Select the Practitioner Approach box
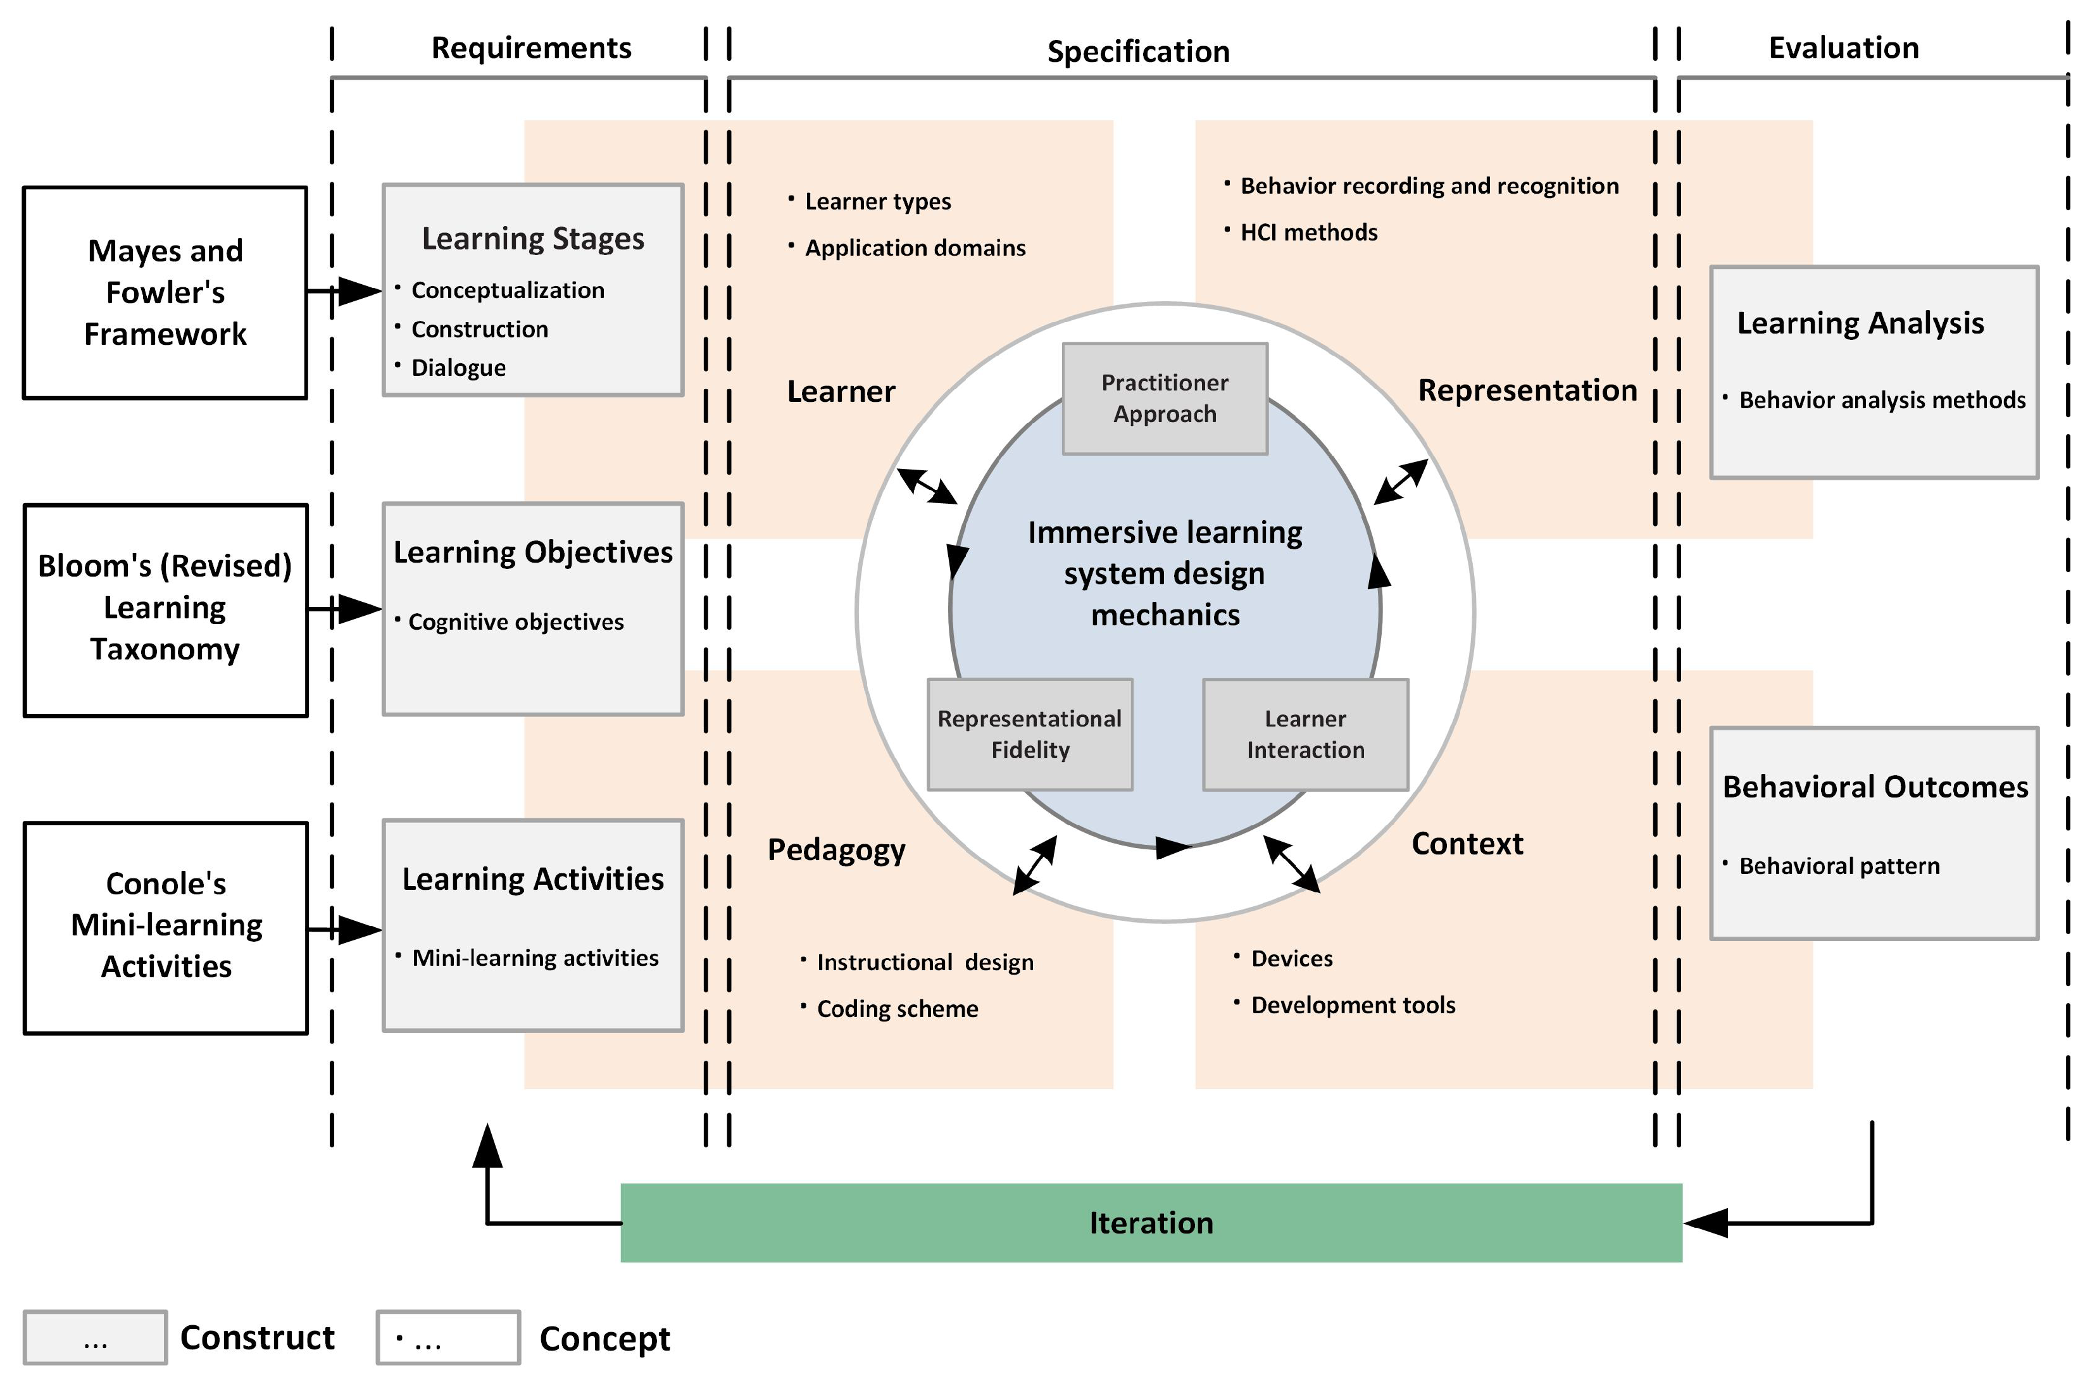click(1165, 399)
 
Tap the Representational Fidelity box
click(1029, 735)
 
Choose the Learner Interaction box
click(1305, 735)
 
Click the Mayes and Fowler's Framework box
click(165, 292)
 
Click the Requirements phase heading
click(531, 47)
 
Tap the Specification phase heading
click(1138, 51)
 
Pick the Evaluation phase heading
click(1843, 47)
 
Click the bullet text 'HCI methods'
click(1308, 232)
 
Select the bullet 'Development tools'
click(1353, 1005)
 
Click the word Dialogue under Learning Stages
click(458, 368)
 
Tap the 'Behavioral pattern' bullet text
click(1839, 866)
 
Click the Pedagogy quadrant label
click(836, 849)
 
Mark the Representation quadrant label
click(1527, 390)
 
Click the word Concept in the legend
click(604, 1339)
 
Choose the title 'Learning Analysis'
click(1860, 323)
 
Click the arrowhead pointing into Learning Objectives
click(361, 609)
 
